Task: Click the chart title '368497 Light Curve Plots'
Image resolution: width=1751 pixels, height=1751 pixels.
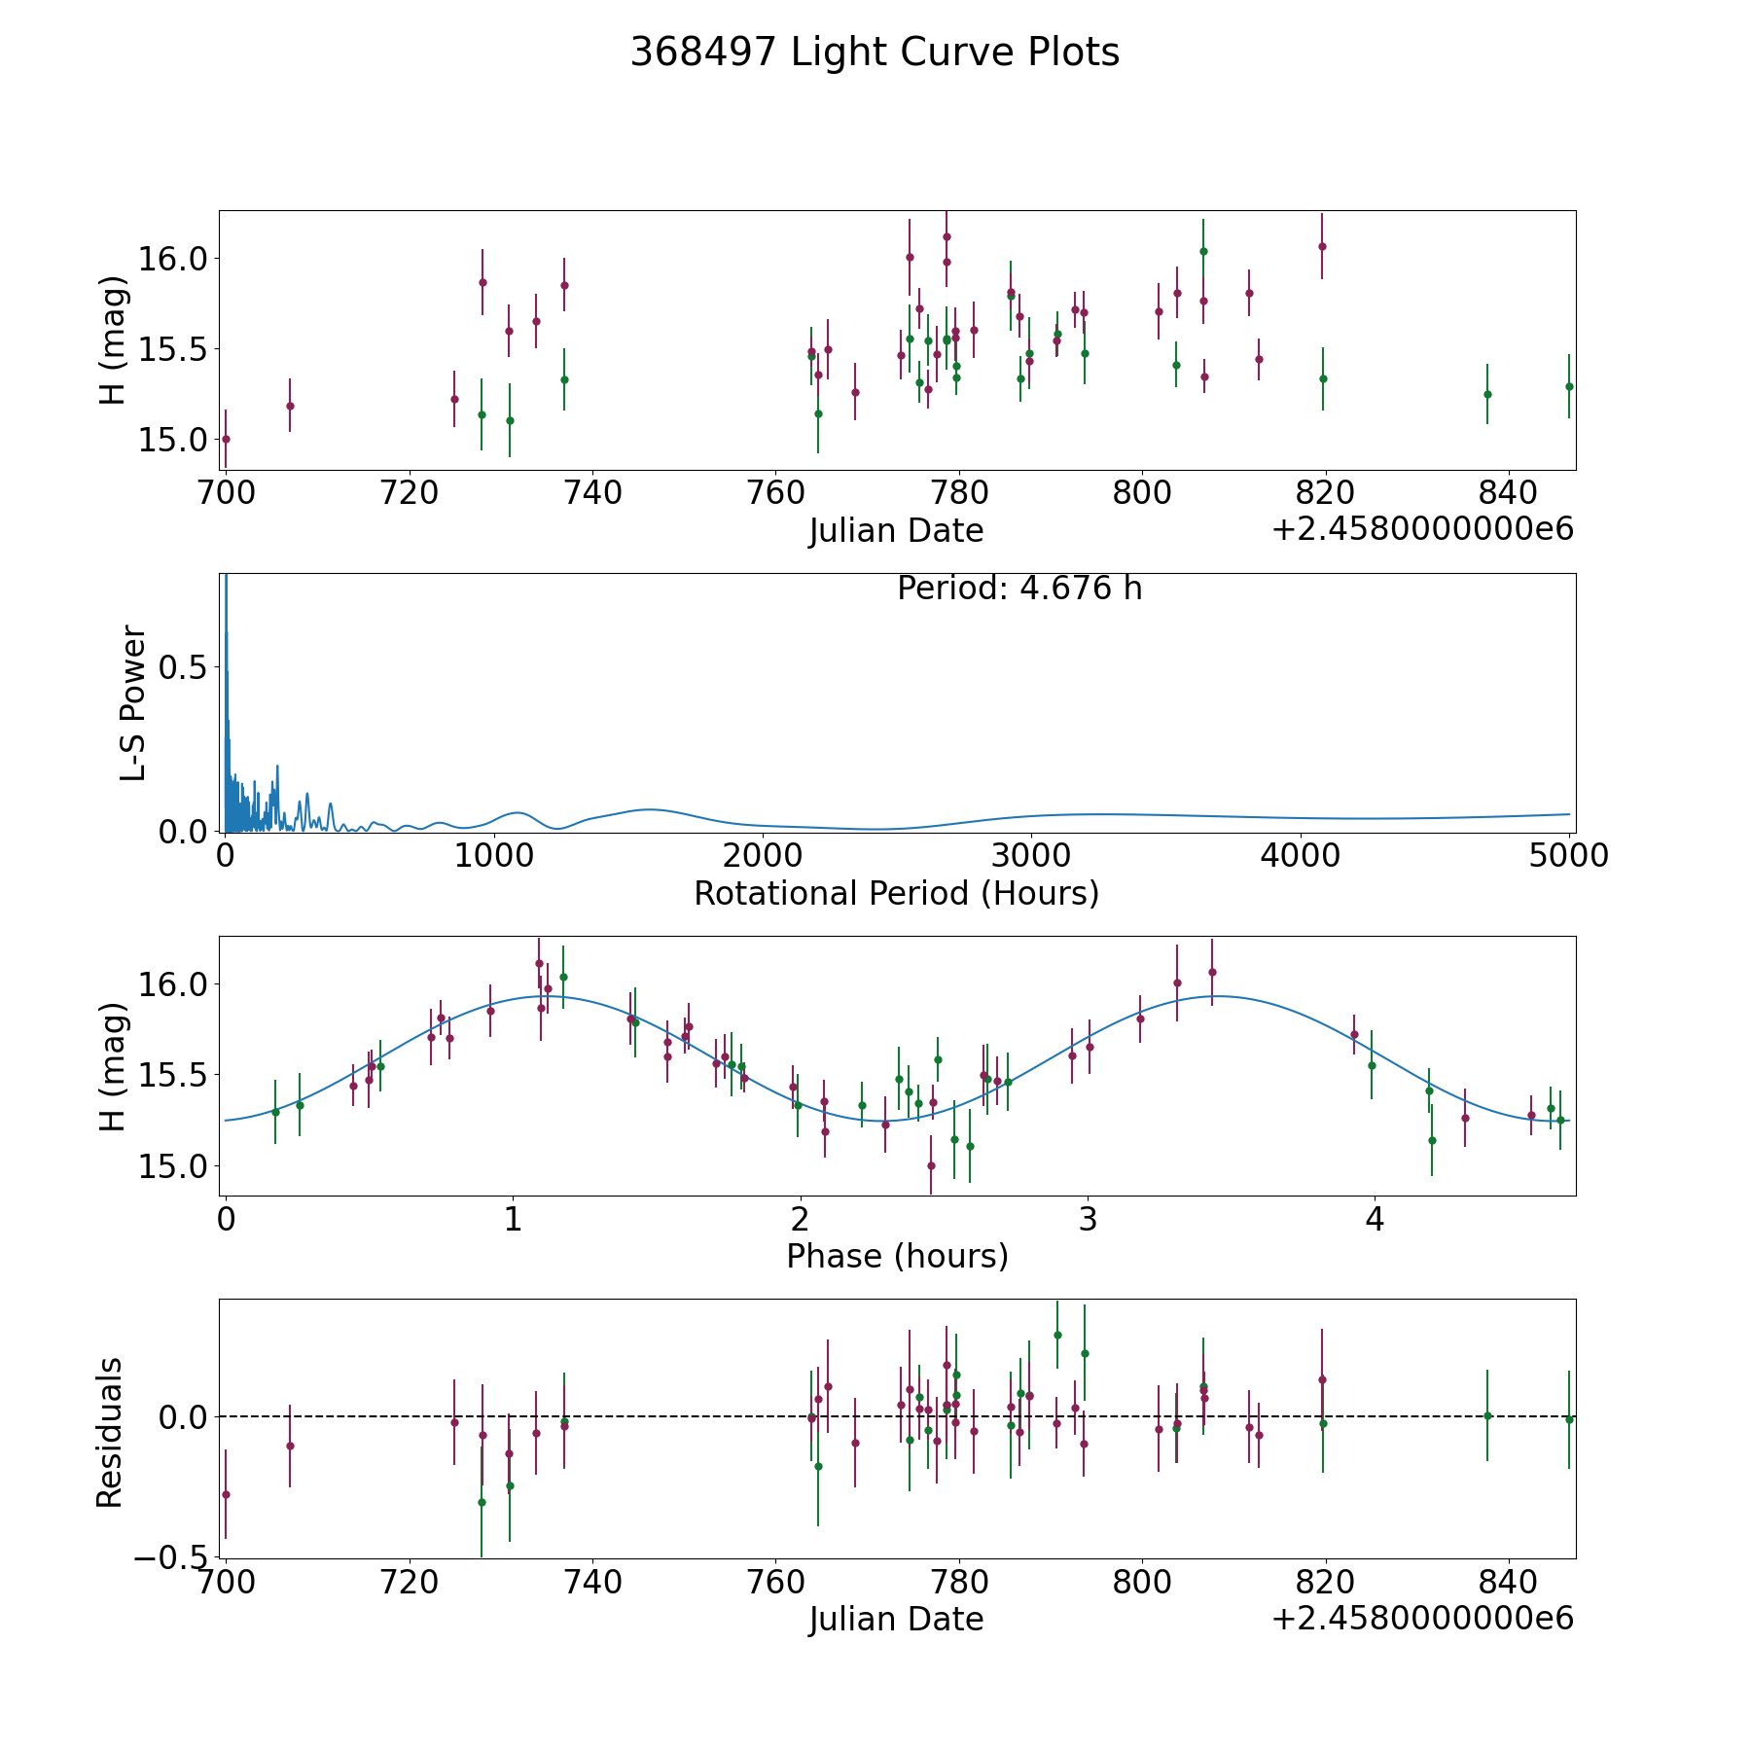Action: (x=875, y=53)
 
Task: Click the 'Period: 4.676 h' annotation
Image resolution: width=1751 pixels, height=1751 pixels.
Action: (x=1018, y=589)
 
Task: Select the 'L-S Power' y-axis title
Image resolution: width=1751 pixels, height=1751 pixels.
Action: (x=133, y=702)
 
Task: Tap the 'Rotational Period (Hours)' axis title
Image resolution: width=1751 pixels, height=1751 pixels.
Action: (x=896, y=893)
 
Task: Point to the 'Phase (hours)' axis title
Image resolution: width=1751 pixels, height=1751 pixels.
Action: (x=897, y=1256)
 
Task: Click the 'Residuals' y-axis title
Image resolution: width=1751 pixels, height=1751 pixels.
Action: (x=110, y=1432)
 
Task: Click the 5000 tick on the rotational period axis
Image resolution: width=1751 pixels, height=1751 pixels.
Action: (x=1568, y=856)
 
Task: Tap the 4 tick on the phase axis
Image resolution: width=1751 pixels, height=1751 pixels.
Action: (x=1375, y=1219)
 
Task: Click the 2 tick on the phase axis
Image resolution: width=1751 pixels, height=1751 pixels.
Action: (x=800, y=1219)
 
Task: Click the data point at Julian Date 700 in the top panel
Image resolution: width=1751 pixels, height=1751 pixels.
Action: (x=226, y=439)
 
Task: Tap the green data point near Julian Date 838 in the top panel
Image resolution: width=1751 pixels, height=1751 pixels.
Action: (x=1487, y=394)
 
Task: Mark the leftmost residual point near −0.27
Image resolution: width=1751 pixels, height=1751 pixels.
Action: (x=226, y=1494)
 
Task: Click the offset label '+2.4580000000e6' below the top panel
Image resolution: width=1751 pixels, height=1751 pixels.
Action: (x=1422, y=529)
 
